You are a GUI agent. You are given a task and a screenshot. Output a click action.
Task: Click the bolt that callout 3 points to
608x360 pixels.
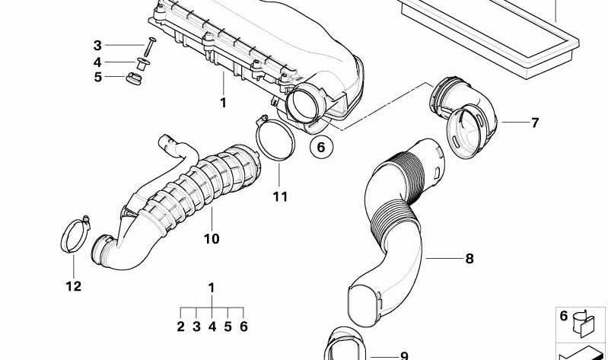coord(149,46)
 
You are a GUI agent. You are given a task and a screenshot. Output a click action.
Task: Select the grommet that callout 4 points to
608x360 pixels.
coord(143,64)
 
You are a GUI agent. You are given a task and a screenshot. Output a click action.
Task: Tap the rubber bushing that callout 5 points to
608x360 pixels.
coord(134,78)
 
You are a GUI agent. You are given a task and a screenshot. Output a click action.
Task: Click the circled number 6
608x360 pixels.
coord(321,147)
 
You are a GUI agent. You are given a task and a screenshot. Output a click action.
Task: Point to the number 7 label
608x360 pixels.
coord(535,123)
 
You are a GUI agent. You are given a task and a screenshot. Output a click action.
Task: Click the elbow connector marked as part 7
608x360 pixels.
coord(463,117)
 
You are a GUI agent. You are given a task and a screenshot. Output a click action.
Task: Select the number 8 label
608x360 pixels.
coord(470,258)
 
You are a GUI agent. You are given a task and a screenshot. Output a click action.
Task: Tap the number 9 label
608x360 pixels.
coord(404,355)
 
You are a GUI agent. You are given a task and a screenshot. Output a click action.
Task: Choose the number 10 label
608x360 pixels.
coord(212,238)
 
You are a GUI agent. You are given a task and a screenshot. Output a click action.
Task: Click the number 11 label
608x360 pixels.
coord(280,196)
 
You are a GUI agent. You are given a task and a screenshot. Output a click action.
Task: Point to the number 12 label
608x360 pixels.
coord(74,286)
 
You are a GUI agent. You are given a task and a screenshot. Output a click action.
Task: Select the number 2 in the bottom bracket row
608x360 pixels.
coord(180,327)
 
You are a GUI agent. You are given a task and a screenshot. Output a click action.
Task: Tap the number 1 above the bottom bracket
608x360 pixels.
coord(212,288)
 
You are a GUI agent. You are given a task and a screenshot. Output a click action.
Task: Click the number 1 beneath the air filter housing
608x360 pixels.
coord(223,103)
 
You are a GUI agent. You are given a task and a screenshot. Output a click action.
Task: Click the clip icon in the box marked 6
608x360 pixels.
coord(584,323)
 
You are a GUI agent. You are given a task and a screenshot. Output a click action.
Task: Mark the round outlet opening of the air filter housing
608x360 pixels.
coord(304,103)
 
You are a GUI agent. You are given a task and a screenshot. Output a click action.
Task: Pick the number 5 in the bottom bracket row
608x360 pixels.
coord(228,327)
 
